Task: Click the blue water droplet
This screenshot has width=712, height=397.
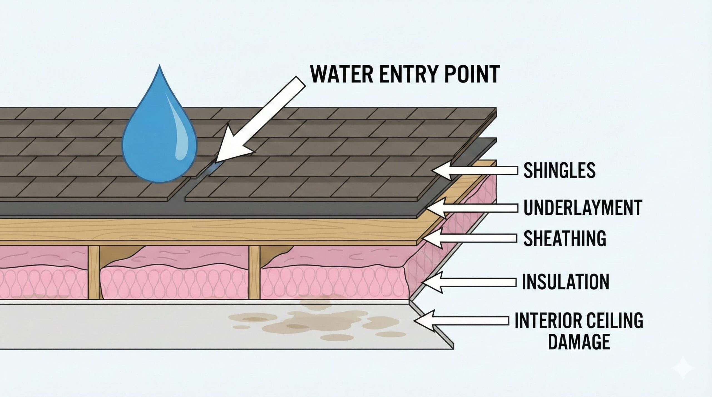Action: pos(159,139)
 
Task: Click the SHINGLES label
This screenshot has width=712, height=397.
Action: pos(559,170)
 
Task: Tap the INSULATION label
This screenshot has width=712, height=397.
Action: pos(565,282)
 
